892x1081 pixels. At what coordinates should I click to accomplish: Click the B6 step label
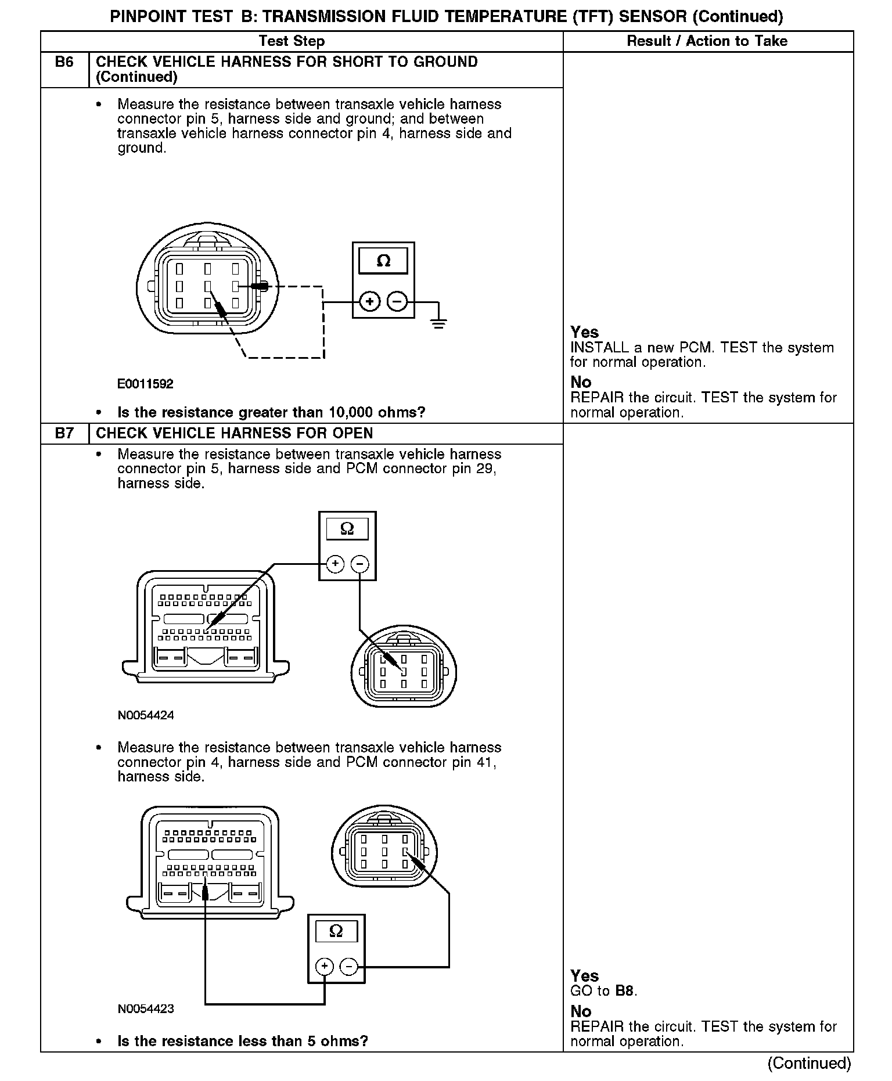pyautogui.click(x=64, y=62)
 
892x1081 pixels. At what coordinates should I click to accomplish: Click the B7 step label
pyautogui.click(x=64, y=433)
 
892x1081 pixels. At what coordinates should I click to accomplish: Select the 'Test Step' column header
pyautogui.click(x=292, y=41)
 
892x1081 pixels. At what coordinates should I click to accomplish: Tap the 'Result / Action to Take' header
pyautogui.click(x=707, y=41)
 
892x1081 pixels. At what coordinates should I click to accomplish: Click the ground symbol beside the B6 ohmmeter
pyautogui.click(x=439, y=322)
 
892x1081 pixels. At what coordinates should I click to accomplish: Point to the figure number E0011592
pyautogui.click(x=145, y=384)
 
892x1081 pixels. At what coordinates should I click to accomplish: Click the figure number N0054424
pyautogui.click(x=146, y=715)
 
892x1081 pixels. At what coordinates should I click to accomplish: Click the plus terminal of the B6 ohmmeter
pyautogui.click(x=370, y=302)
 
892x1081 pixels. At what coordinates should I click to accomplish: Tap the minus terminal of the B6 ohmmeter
pyautogui.click(x=397, y=302)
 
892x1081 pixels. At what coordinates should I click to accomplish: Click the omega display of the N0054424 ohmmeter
pyautogui.click(x=347, y=529)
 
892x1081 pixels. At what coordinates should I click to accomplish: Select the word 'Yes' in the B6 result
pyautogui.click(x=584, y=332)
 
